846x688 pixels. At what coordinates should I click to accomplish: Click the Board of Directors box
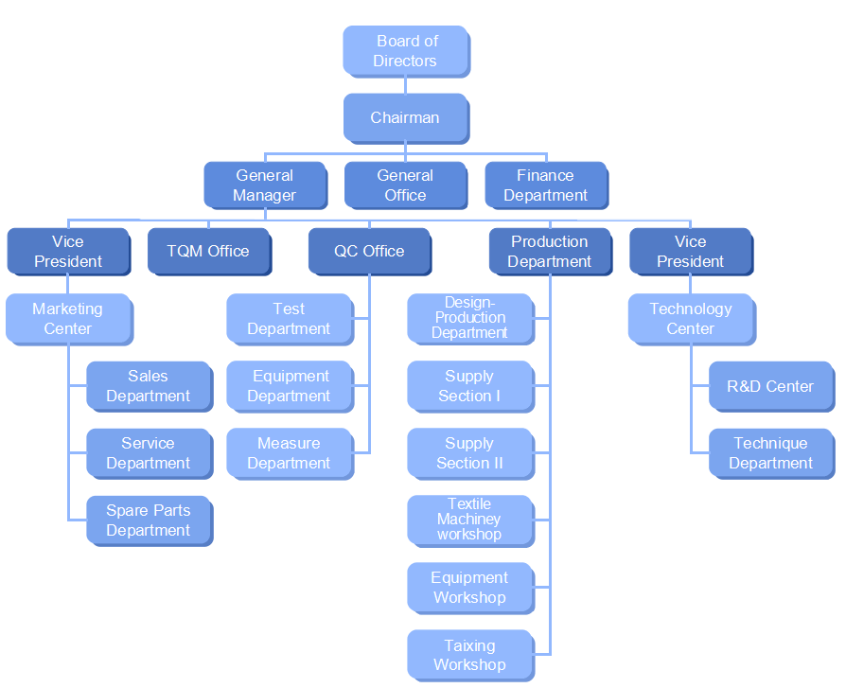point(406,51)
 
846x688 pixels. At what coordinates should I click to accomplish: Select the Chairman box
point(405,118)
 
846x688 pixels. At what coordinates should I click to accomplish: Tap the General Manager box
point(265,185)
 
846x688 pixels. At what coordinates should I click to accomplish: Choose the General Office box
point(405,185)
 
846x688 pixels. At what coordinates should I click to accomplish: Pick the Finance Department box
point(546,185)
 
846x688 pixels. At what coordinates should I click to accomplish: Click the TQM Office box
point(208,252)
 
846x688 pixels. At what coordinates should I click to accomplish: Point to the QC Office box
point(369,252)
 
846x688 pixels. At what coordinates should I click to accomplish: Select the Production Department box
point(550,252)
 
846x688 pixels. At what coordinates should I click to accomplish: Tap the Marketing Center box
point(68,319)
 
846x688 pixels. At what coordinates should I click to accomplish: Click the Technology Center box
point(691,319)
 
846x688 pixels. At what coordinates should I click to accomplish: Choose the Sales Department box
point(149,386)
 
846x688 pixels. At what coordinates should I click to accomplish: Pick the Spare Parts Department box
point(149,520)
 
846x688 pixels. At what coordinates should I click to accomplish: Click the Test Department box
point(289,319)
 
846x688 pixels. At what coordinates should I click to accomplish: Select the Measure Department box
point(289,453)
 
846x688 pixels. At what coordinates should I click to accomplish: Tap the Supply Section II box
point(469,453)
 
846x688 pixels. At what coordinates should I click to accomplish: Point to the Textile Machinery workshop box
point(469,520)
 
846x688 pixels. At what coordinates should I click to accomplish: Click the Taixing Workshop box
point(469,655)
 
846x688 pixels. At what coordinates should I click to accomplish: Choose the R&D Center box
point(770,386)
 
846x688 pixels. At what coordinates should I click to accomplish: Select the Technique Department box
point(770,453)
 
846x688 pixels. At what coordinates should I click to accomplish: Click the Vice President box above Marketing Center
point(68,252)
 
